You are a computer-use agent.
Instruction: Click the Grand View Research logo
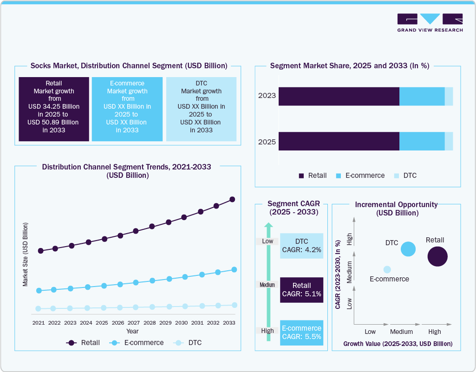430,22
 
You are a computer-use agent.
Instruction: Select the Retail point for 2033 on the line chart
233,200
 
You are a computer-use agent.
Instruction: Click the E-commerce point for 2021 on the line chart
39,291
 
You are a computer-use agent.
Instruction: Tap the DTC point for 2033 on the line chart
235,305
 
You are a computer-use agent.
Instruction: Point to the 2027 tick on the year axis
134,322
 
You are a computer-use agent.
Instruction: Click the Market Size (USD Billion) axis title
26,254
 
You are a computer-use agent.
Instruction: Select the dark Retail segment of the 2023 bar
339,96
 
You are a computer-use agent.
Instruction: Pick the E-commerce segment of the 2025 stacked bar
422,141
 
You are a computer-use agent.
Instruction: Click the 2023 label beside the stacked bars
267,96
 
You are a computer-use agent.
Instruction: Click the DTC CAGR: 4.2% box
301,246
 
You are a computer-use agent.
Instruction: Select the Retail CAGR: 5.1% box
301,290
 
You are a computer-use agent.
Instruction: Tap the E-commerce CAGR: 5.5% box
301,333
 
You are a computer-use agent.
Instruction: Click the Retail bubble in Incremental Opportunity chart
437,256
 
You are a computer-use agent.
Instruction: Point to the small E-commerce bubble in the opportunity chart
387,269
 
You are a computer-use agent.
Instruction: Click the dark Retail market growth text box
54,109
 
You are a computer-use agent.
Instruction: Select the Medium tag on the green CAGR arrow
267,285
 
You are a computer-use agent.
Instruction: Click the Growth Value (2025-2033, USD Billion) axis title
398,344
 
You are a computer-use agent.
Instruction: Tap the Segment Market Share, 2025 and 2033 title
349,66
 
